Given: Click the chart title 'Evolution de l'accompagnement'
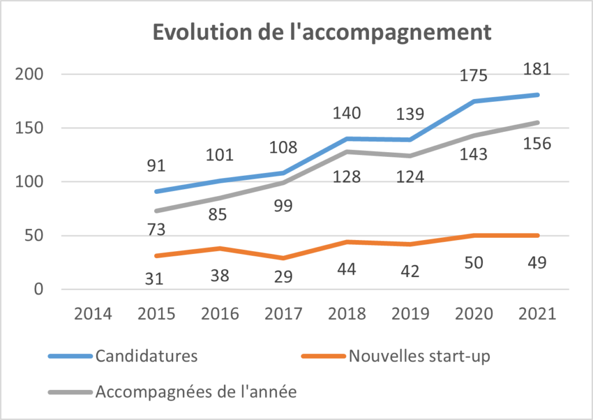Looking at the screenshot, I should pos(321,32).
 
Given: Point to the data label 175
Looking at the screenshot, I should pos(474,75).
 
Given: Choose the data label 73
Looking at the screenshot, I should pos(156,230).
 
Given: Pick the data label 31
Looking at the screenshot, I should pos(156,279).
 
